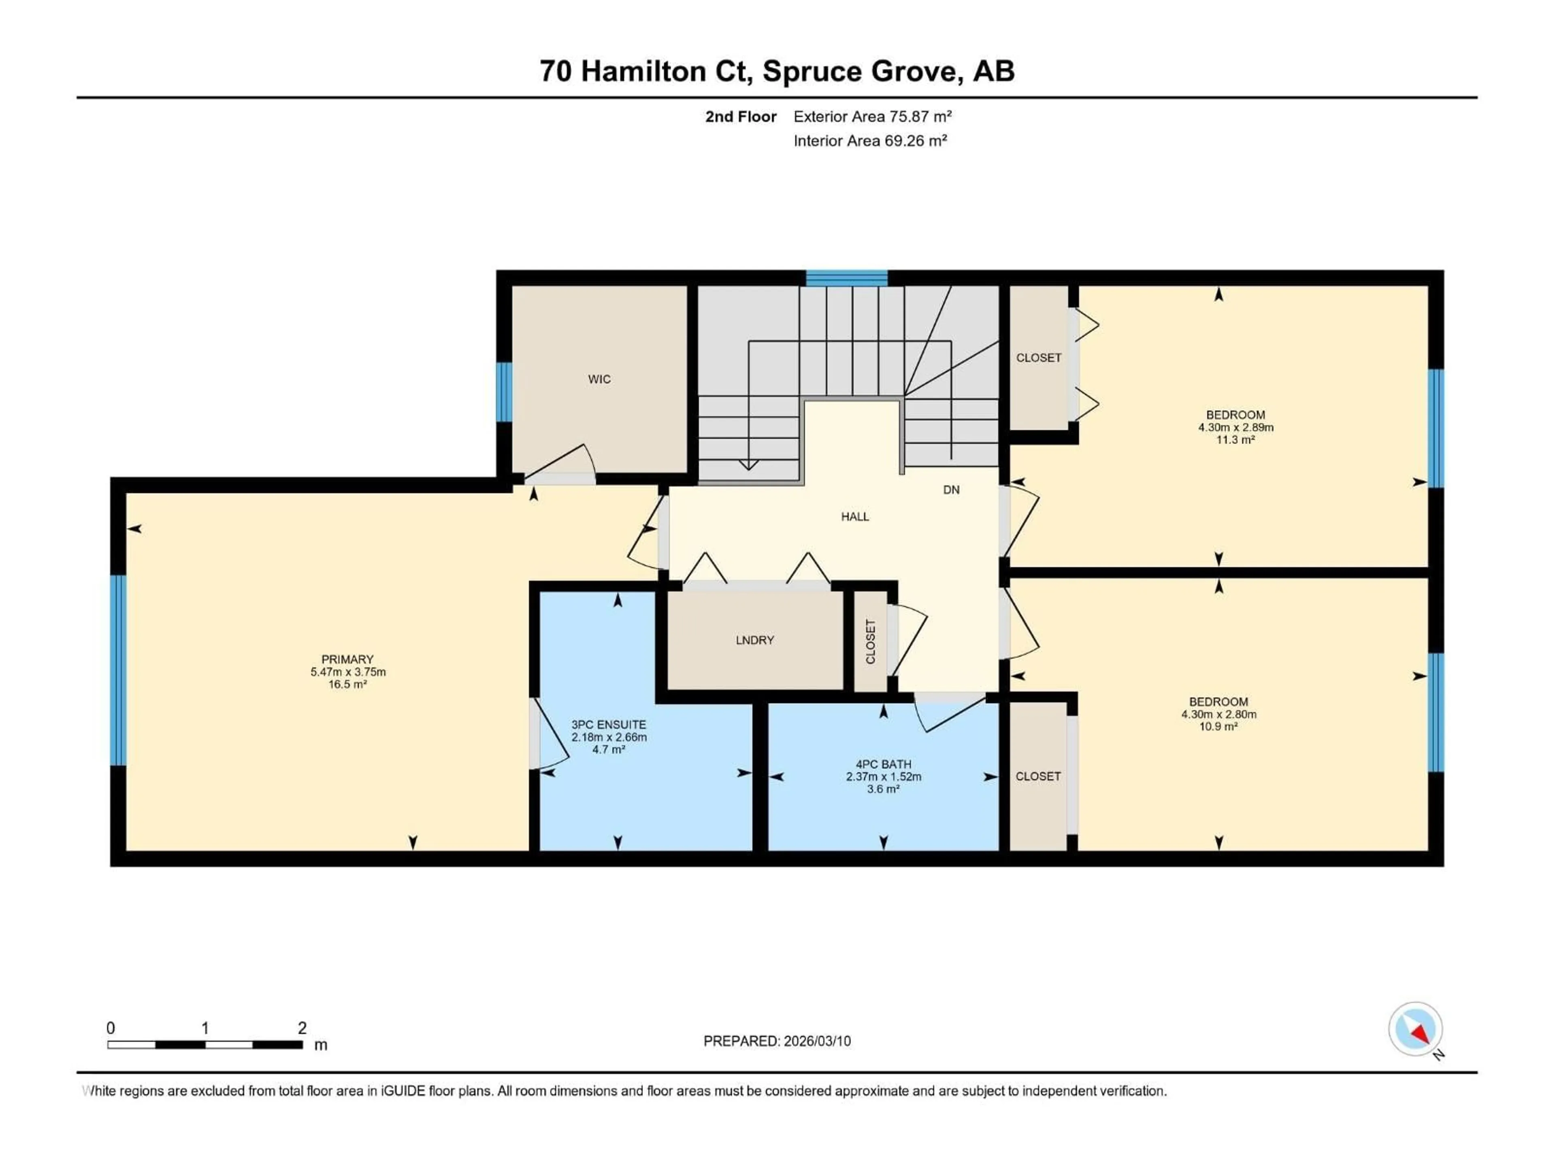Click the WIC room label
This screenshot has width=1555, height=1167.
click(x=599, y=379)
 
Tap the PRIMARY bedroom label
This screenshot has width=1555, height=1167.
click(x=347, y=659)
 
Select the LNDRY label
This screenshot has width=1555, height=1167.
click(x=754, y=640)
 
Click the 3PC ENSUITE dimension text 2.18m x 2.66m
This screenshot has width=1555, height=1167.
click(x=609, y=737)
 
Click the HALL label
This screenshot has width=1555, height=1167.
click(x=855, y=516)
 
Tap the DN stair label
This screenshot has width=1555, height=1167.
click(x=951, y=489)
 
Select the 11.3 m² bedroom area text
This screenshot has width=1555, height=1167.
click(x=1235, y=440)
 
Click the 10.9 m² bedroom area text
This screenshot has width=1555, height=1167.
click(x=1218, y=727)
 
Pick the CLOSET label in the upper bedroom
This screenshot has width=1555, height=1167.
click(x=1038, y=358)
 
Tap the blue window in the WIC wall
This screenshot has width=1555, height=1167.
click(x=504, y=392)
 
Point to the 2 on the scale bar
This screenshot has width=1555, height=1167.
click(x=302, y=1028)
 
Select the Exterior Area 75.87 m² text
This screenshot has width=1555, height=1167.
click(x=872, y=117)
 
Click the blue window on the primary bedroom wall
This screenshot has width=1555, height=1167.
click(x=118, y=670)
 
